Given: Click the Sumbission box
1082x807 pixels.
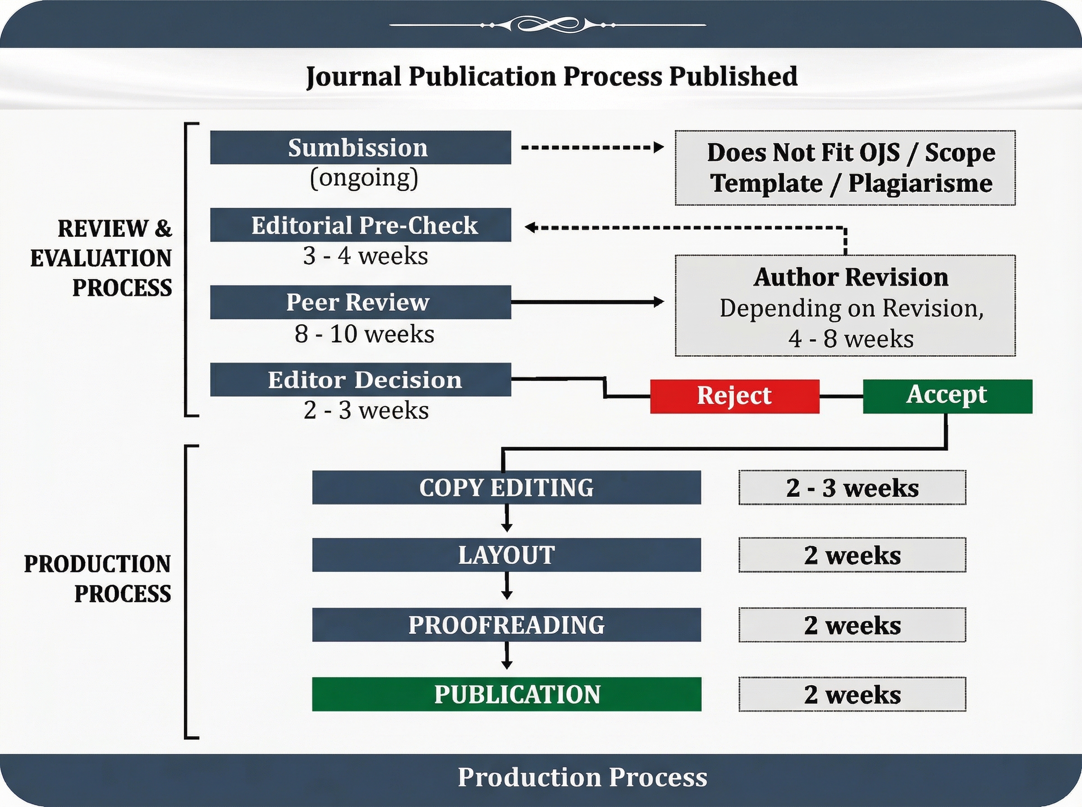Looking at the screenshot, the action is coord(360,147).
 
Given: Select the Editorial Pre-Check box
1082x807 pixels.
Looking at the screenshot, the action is coord(360,225).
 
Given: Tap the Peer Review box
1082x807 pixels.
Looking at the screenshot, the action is coord(360,302).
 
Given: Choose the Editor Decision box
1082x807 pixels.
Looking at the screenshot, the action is coord(360,379).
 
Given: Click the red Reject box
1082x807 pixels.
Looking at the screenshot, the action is coord(734,396).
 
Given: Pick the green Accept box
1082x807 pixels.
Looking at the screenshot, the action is coord(948,396).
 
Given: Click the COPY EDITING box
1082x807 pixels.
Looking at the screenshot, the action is coord(507,487).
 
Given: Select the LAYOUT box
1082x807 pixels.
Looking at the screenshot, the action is coord(507,554).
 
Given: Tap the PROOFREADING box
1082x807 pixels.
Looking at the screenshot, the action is coord(507,624).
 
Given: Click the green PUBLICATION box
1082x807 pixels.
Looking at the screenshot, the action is coord(507,694).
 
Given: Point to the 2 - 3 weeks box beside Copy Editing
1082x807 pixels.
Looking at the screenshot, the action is coord(852,487).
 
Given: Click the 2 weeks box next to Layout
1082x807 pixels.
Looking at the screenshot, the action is coord(852,554).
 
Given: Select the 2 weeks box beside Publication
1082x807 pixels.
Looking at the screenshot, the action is coord(852,694).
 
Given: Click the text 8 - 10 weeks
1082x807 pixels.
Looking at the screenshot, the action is coord(364,334).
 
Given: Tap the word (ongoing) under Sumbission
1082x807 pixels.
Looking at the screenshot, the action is coord(364,178).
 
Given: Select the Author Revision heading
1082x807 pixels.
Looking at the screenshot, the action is coord(851,277).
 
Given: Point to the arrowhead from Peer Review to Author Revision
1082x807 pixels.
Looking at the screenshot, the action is coord(659,302).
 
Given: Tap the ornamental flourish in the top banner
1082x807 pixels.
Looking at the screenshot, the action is coord(548,24).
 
